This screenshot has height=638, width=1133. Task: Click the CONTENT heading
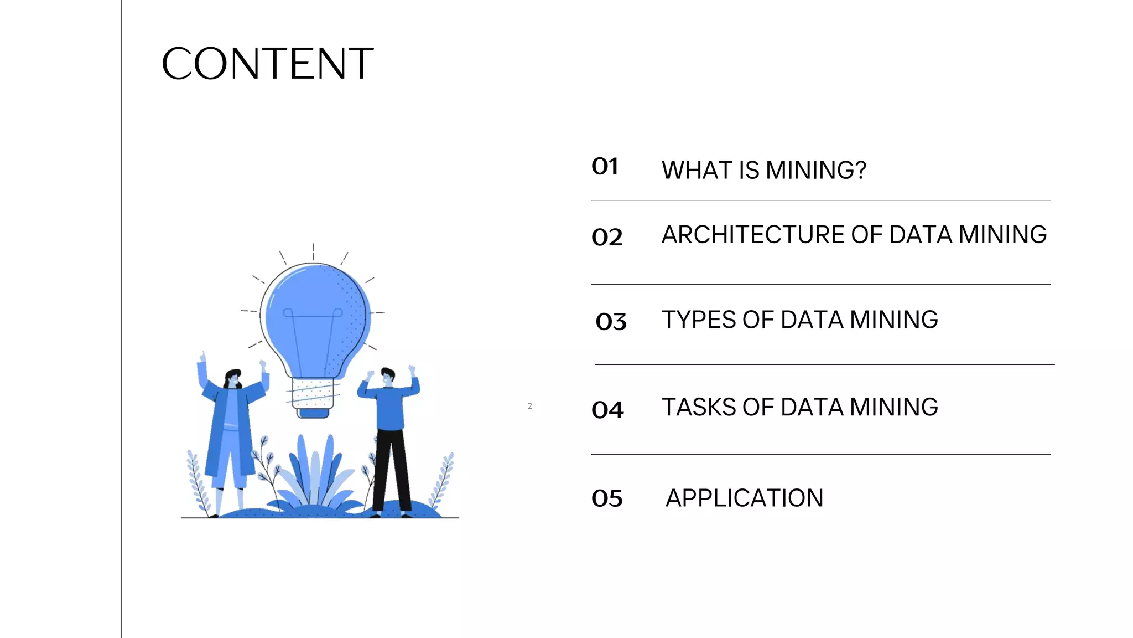tap(268, 64)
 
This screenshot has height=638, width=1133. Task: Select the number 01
tap(605, 166)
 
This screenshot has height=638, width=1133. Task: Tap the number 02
tap(607, 237)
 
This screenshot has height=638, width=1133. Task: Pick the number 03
tap(611, 321)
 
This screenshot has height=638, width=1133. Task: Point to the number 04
tap(607, 410)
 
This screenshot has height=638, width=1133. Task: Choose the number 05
tap(607, 498)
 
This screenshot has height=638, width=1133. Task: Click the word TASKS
tap(698, 408)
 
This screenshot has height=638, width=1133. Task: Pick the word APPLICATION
tap(744, 498)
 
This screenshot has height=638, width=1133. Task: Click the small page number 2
tap(530, 406)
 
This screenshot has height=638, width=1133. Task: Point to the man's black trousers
tap(392, 468)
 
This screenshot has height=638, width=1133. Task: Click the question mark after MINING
tap(860, 170)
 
